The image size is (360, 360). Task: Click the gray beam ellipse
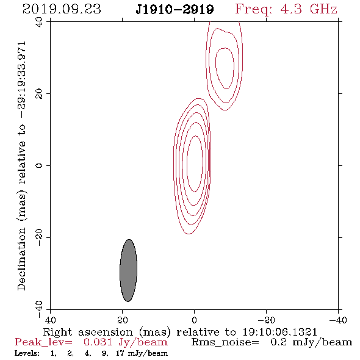[129, 270]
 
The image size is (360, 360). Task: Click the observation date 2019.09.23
[62, 9]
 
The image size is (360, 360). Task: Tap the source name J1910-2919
[175, 10]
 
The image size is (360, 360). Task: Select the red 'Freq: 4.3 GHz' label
[286, 9]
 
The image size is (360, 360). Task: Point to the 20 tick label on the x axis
[122, 320]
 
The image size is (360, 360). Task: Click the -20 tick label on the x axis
[266, 320]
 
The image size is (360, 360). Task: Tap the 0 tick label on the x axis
[194, 320]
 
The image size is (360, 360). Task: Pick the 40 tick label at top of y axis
[39, 22]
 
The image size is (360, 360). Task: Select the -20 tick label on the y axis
[39, 237]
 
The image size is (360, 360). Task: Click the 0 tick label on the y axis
[39, 165]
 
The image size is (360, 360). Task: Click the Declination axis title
[21, 166]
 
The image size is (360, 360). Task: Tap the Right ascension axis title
[180, 332]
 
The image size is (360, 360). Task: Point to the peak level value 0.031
[98, 342]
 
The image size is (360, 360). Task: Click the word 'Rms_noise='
[225, 342]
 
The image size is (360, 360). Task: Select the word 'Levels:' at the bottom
[27, 353]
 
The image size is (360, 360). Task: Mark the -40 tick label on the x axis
[338, 320]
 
